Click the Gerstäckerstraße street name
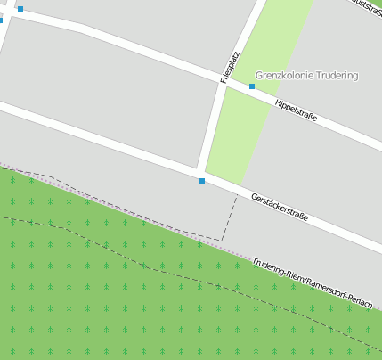pos(280,207)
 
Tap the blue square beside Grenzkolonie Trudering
pos(252,86)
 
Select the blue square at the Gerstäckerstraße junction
pos(202,181)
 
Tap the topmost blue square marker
pos(20,9)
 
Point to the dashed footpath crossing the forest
pos(142,265)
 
